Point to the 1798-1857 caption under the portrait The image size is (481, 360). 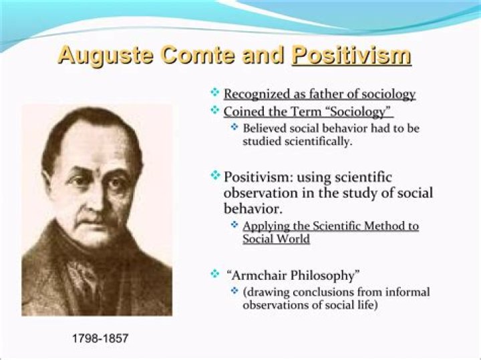(x=100, y=339)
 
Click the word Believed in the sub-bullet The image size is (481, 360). (x=264, y=128)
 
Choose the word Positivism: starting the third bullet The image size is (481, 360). (x=261, y=177)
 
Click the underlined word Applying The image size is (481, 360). (x=265, y=226)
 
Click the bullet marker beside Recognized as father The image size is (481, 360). (x=215, y=94)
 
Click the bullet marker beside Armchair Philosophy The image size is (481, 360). (x=215, y=274)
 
